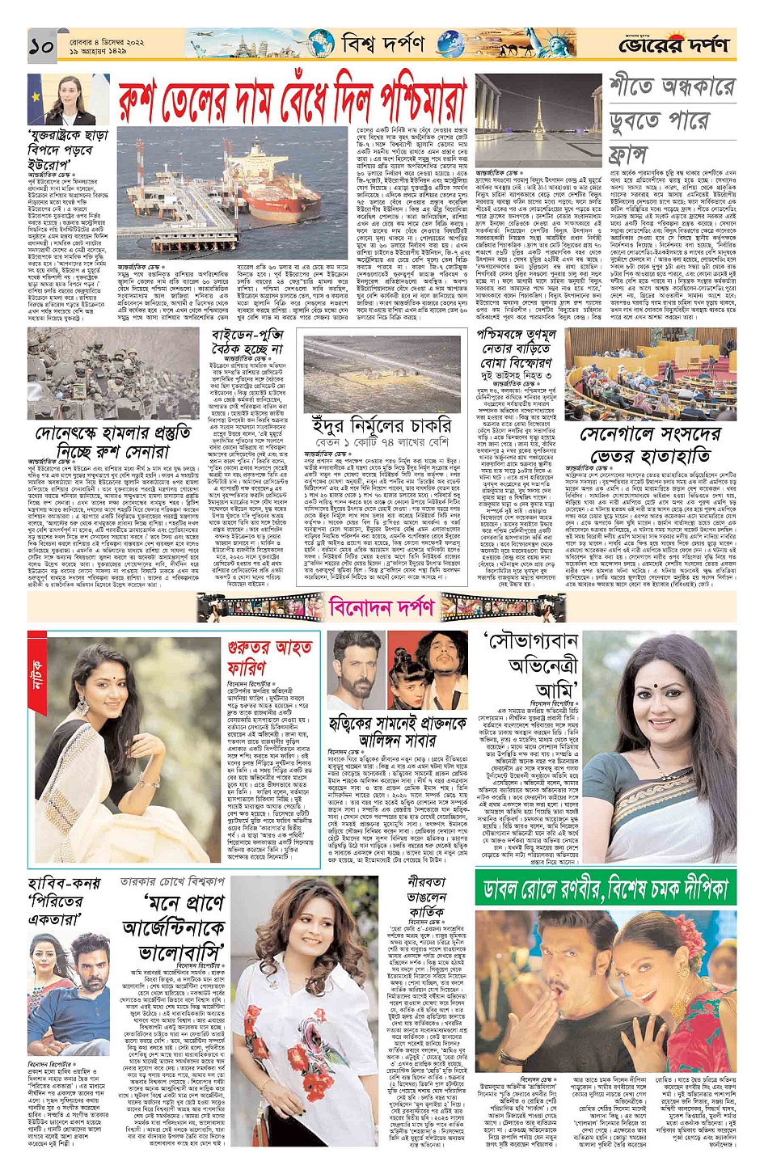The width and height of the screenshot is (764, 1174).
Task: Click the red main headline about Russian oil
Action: [x=293, y=102]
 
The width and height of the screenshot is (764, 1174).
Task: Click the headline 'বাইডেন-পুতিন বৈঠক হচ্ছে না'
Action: [x=247, y=342]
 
